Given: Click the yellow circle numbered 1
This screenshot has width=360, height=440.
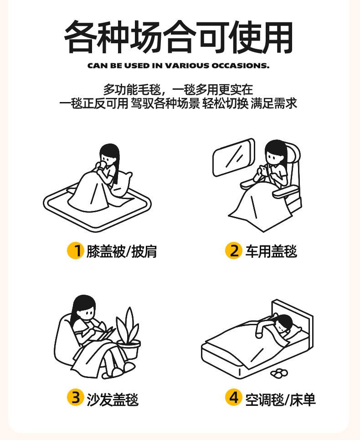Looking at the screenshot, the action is click(x=76, y=251).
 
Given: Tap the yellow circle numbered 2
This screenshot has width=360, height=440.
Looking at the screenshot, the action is click(x=234, y=251).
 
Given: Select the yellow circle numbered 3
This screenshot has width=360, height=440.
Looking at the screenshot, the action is click(x=76, y=397).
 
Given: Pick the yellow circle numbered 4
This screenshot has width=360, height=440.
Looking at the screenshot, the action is click(x=234, y=397).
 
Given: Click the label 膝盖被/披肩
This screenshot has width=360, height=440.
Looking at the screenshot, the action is click(x=122, y=251).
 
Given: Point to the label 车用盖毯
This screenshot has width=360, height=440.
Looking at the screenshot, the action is click(x=271, y=251).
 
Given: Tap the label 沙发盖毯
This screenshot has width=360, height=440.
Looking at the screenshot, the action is click(x=113, y=399).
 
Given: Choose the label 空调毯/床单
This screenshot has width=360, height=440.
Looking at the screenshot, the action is click(x=281, y=399).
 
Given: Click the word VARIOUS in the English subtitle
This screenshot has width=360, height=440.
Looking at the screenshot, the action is click(x=187, y=66).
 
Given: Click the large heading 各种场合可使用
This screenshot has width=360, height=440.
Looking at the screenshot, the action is click(x=179, y=37).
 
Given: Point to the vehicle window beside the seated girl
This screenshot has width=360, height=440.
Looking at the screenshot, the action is click(x=234, y=158).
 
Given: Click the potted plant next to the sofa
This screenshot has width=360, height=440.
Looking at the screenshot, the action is click(x=129, y=334).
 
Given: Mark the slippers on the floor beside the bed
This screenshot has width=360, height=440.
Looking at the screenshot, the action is click(x=279, y=373).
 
